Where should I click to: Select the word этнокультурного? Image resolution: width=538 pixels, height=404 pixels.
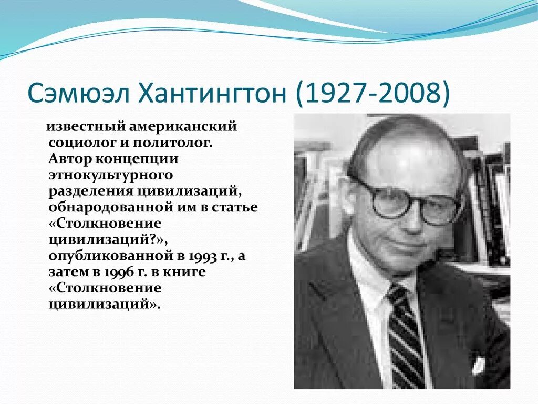point(111,175)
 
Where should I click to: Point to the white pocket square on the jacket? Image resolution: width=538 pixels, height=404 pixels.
point(479,365)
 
